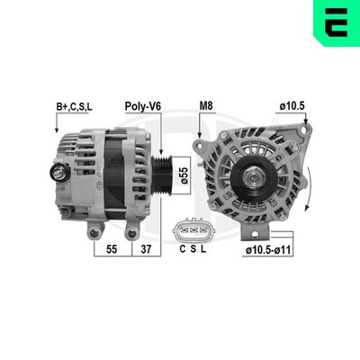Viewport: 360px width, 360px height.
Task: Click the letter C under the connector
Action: [184, 248]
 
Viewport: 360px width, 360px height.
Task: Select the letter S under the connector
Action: [194, 248]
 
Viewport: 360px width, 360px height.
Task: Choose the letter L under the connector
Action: [205, 248]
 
